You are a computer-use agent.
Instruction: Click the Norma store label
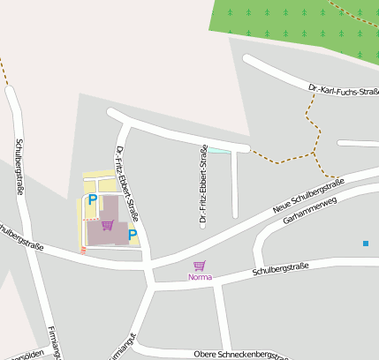[x=200, y=277]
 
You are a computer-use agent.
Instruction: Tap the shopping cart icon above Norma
[x=200, y=266]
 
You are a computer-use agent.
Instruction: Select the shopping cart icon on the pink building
[x=107, y=225]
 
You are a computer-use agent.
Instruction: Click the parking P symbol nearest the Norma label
[x=133, y=235]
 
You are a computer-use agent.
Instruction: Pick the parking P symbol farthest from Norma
[x=92, y=199]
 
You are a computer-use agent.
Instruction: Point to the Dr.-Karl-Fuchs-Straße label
[x=344, y=90]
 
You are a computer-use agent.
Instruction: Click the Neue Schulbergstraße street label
[x=307, y=196]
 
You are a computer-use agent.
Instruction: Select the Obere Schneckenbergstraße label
[x=240, y=354]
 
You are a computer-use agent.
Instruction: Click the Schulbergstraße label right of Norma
[x=280, y=268]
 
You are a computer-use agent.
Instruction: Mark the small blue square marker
[x=365, y=244]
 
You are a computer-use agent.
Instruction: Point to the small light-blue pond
[x=217, y=150]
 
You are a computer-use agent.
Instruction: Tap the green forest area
[x=296, y=26]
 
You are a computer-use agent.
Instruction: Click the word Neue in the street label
[x=283, y=207]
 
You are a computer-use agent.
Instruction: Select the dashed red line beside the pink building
[x=84, y=250]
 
